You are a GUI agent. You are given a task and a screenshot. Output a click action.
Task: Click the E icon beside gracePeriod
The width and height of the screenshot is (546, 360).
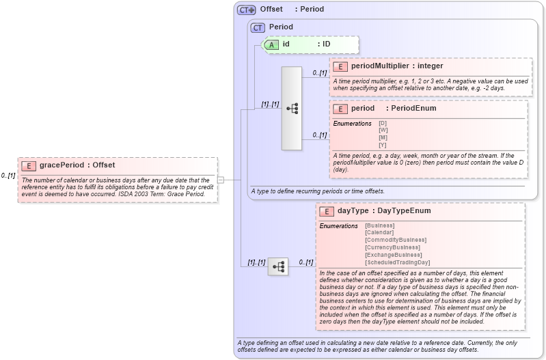point(29,165)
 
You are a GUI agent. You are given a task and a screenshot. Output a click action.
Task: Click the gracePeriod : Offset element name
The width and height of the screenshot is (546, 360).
point(77,165)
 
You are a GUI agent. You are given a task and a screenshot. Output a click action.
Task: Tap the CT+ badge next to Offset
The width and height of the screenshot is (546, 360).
point(246,10)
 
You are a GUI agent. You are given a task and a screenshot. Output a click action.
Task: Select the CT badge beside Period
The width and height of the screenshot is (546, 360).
point(258,27)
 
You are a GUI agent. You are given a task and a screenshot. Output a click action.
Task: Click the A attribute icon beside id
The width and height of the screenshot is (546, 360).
point(271,44)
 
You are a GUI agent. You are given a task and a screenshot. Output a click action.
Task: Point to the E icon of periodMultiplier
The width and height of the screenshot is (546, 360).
point(340,66)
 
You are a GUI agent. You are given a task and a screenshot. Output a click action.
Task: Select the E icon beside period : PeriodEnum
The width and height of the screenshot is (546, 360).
point(340,109)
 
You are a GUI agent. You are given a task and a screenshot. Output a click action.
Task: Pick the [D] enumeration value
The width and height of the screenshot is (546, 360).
point(383,123)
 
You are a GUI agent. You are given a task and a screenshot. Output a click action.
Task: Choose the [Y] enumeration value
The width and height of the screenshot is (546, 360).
point(383,144)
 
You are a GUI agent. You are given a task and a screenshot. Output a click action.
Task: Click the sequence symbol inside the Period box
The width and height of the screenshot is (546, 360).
point(292,109)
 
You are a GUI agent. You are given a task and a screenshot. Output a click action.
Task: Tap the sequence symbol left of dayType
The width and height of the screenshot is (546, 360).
point(278,266)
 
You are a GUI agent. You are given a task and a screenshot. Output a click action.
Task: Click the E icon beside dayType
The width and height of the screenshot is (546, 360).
point(327,211)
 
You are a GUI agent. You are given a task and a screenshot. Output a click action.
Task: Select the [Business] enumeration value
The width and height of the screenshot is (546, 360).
point(380,225)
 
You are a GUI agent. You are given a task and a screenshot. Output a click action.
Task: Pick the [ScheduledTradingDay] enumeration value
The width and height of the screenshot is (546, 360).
point(398,262)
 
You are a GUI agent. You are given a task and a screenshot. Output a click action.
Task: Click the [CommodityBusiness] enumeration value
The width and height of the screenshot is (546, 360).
point(396,240)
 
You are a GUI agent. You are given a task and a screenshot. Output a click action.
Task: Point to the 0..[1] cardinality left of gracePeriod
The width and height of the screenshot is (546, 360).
point(8,176)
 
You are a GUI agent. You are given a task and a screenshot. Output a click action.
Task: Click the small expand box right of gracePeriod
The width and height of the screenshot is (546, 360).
point(220,180)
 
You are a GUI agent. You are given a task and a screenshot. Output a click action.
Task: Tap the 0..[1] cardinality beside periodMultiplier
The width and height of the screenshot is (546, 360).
point(319,72)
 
